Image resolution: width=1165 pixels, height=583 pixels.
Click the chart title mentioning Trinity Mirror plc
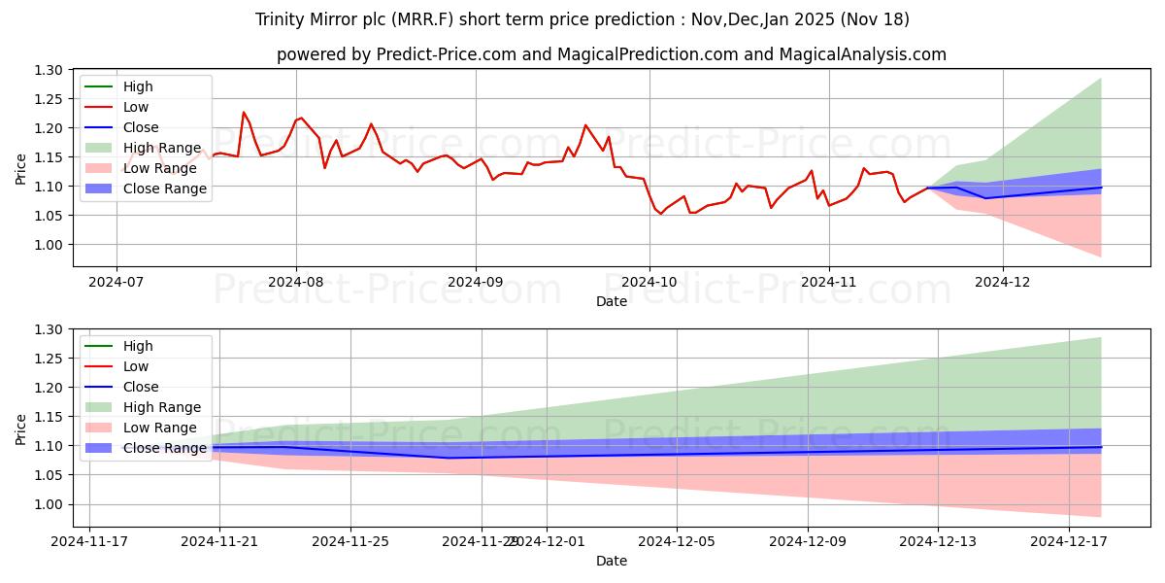pyautogui.click(x=582, y=19)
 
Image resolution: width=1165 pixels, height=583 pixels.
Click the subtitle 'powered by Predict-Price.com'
pyautogui.click(x=611, y=54)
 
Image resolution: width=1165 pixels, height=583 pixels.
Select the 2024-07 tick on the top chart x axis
pyautogui.click(x=116, y=282)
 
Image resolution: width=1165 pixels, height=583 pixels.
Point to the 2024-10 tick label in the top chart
pyautogui.click(x=649, y=282)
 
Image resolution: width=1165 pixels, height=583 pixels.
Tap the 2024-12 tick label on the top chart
pyautogui.click(x=1003, y=282)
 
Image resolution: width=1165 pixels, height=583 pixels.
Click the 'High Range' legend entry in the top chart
pyautogui.click(x=162, y=148)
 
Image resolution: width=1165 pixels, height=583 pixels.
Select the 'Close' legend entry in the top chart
pyautogui.click(x=141, y=127)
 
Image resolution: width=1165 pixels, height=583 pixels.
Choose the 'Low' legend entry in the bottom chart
pyautogui.click(x=136, y=366)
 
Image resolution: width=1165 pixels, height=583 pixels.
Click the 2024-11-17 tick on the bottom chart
pyautogui.click(x=89, y=541)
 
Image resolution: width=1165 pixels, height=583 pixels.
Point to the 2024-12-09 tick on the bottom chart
pyautogui.click(x=808, y=541)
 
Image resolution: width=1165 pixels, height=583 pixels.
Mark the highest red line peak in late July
pyautogui.click(x=244, y=113)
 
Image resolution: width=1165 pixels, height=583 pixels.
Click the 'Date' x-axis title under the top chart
pyautogui.click(x=612, y=301)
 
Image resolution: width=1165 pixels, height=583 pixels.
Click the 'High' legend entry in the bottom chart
pyautogui.click(x=138, y=346)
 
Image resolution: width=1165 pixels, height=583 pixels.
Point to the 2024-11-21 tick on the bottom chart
pyautogui.click(x=219, y=541)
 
